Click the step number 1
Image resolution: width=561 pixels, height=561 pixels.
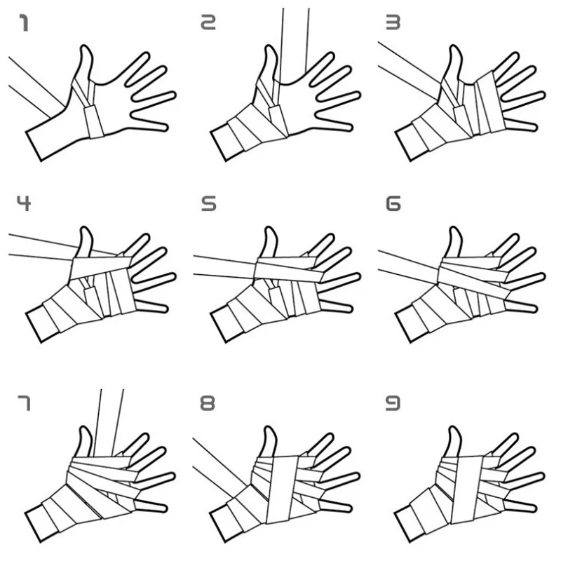click(x=25, y=25)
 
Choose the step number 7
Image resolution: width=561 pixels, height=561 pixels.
click(x=25, y=403)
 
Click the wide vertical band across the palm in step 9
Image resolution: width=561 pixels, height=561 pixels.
click(x=466, y=491)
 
